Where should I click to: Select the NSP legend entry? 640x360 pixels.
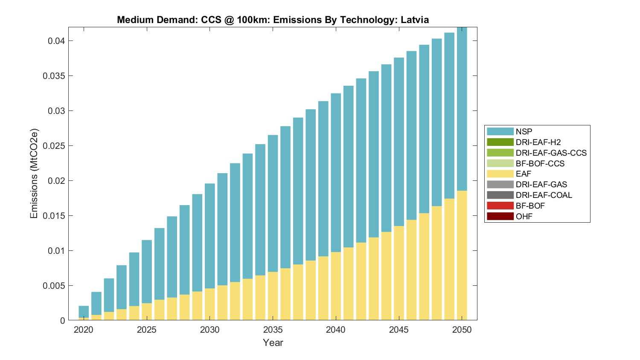click(x=524, y=131)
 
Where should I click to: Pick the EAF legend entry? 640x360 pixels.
click(x=523, y=174)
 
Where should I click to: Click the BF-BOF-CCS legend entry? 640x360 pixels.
click(x=540, y=163)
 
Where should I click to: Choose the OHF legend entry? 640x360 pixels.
click(x=524, y=216)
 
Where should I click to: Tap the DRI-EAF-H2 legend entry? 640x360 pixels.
click(x=538, y=142)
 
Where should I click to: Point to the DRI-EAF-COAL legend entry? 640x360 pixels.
click(x=544, y=195)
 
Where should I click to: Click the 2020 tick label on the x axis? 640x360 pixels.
click(x=84, y=330)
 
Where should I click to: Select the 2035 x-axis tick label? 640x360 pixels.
click(x=273, y=330)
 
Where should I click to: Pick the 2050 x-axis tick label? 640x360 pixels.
click(x=462, y=330)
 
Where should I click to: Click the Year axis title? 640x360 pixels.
click(x=273, y=343)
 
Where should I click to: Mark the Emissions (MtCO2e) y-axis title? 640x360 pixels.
click(x=34, y=173)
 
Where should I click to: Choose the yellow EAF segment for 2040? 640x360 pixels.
click(x=336, y=286)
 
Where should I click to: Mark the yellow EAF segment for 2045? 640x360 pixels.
click(x=399, y=273)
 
